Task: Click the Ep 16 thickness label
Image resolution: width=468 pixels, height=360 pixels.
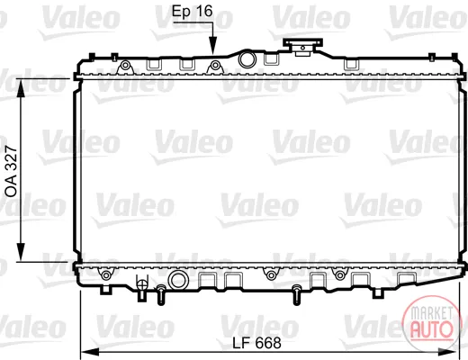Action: [x=193, y=12]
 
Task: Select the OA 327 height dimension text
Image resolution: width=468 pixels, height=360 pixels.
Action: [x=12, y=171]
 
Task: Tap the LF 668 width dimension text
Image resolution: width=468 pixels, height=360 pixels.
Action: [x=257, y=343]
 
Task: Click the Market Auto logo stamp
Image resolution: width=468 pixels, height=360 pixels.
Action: [x=431, y=323]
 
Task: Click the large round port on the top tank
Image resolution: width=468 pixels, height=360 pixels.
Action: [x=247, y=59]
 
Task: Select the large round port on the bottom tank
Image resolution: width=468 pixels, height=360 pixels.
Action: [x=177, y=280]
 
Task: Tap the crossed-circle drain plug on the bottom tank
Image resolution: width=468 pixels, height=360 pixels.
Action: [x=141, y=284]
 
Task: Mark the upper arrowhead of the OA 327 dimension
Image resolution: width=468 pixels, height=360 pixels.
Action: [x=21, y=88]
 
